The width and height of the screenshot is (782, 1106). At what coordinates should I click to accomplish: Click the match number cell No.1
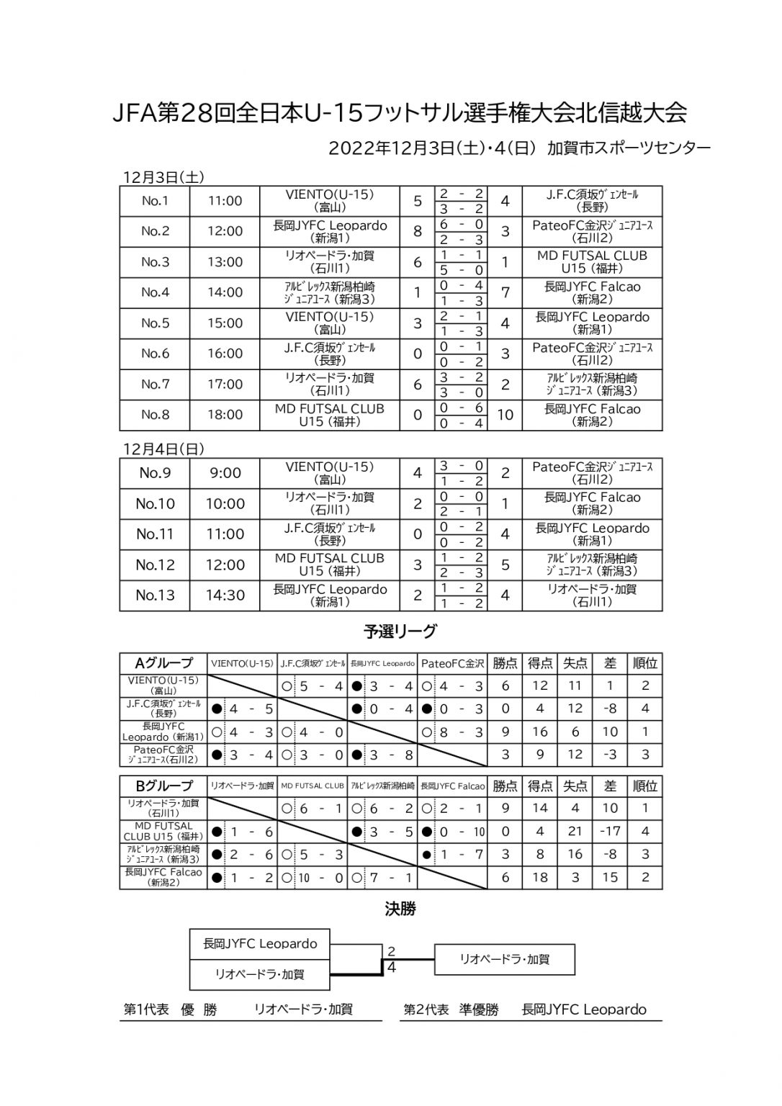pyautogui.click(x=155, y=201)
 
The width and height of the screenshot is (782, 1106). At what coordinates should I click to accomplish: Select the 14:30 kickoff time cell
pyautogui.click(x=225, y=595)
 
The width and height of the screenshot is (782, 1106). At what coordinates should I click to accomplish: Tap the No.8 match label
pyautogui.click(x=155, y=415)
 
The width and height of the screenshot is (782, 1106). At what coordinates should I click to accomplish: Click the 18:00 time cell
pyautogui.click(x=225, y=415)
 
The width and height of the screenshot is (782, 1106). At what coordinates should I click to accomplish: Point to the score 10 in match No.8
pyautogui.click(x=505, y=415)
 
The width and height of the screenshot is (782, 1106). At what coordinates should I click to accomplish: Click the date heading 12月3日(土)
pyautogui.click(x=163, y=176)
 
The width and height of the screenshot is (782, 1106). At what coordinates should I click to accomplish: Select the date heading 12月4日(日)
pyautogui.click(x=163, y=449)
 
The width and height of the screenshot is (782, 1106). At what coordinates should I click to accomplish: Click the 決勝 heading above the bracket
pyautogui.click(x=400, y=909)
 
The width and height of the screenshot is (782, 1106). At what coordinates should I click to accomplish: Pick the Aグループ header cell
pyautogui.click(x=163, y=663)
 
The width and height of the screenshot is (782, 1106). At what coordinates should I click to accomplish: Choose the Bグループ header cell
pyautogui.click(x=163, y=786)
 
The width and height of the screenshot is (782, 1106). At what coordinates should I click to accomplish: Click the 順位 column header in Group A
pyautogui.click(x=644, y=663)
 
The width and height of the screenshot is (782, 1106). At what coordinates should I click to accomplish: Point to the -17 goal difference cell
pyautogui.click(x=610, y=832)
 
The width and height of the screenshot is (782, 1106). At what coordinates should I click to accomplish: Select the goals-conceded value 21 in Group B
pyautogui.click(x=575, y=832)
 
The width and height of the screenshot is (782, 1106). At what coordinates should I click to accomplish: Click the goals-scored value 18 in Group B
pyautogui.click(x=539, y=878)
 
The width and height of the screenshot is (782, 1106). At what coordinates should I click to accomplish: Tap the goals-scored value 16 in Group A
pyautogui.click(x=539, y=732)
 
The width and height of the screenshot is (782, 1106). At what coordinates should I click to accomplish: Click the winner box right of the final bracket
pyautogui.click(x=504, y=959)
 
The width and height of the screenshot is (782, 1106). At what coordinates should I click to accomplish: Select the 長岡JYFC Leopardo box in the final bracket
pyautogui.click(x=260, y=943)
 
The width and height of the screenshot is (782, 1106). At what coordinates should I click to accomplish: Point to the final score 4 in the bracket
pyautogui.click(x=392, y=968)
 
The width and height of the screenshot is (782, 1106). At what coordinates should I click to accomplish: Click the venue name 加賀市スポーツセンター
pyautogui.click(x=629, y=148)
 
